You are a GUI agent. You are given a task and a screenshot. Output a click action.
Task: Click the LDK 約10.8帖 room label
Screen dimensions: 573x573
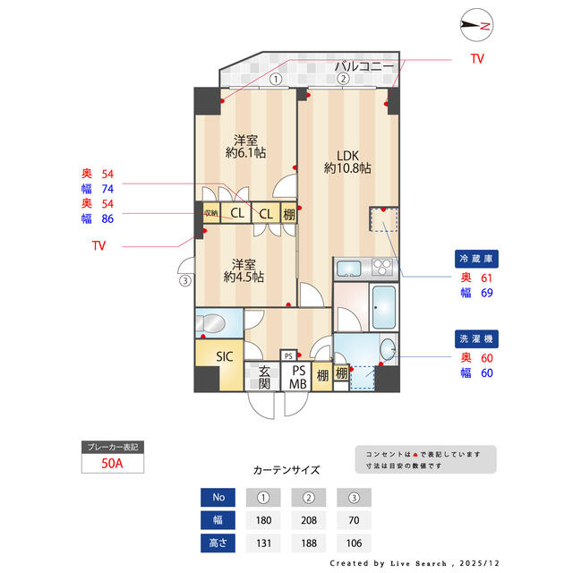click(347, 159)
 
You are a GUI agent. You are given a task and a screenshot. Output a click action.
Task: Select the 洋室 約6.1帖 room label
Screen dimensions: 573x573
click(245, 147)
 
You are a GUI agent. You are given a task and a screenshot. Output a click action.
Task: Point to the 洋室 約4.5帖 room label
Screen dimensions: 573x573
click(244, 270)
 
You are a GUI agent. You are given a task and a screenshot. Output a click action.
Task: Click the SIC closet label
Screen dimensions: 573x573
click(224, 355)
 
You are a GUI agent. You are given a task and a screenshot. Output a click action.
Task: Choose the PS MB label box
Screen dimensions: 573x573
click(297, 377)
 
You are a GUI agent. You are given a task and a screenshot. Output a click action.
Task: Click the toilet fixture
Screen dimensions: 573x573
click(214, 321)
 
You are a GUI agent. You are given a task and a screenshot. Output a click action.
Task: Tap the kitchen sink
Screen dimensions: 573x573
click(347, 268)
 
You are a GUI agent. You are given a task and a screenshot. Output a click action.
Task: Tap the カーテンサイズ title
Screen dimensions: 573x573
click(286, 469)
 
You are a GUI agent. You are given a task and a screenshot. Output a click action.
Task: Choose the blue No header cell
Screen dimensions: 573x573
click(218, 496)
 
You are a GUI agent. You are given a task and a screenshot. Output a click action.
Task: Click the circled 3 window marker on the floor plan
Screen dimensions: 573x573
click(185, 280)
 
